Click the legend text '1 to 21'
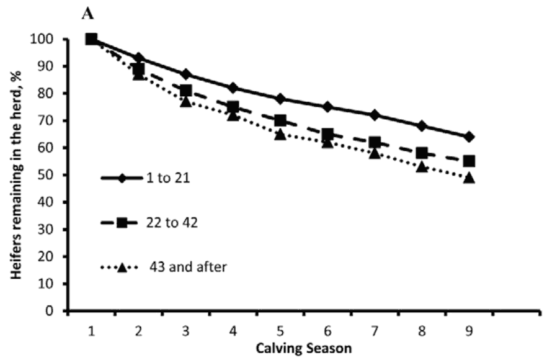167,178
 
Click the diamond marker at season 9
469,137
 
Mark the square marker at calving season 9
469,161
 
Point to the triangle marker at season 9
469,178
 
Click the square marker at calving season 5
280,120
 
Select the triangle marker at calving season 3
186,101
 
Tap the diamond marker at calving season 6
327,107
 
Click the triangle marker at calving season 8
422,166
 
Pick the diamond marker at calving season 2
139,58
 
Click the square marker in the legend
123,223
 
